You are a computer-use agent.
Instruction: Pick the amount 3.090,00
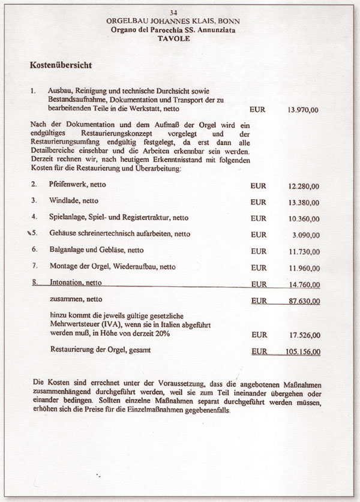click(x=305, y=235)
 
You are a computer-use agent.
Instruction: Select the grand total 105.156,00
click(x=301, y=351)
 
